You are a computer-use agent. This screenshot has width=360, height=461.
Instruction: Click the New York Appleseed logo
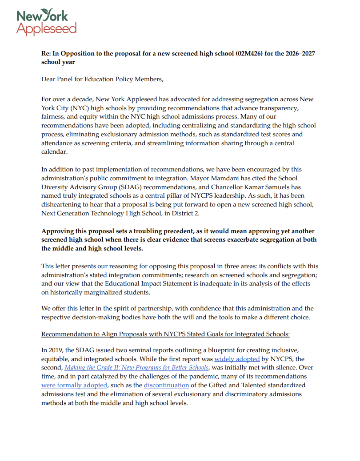click(46, 22)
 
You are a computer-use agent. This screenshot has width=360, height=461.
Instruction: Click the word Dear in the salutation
click(49, 79)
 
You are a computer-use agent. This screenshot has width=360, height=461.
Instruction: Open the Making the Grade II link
click(136, 367)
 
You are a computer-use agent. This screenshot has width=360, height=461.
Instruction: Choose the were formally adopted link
click(74, 385)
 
